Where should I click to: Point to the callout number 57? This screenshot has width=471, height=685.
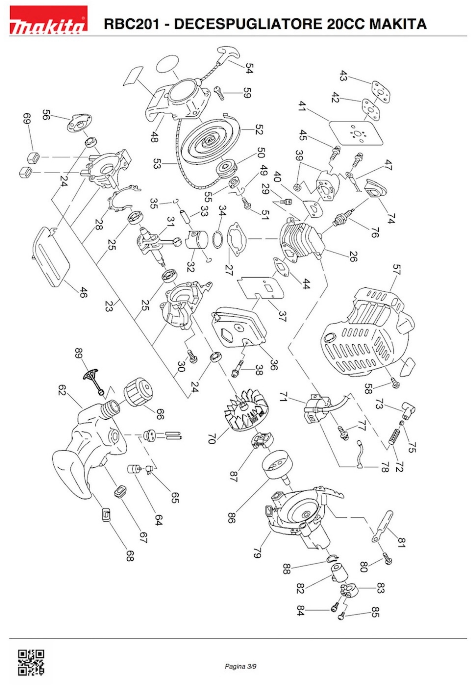396,269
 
